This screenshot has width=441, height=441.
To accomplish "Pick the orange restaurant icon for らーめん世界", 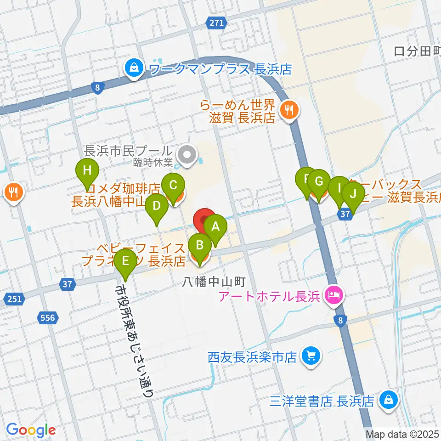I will click(289, 110).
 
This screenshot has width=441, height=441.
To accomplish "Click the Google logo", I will click(31, 430).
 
